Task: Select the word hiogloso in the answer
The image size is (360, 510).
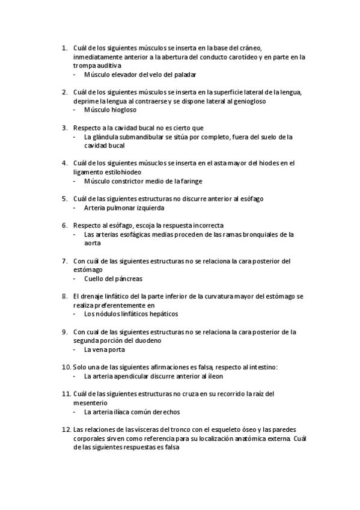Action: click(123, 110)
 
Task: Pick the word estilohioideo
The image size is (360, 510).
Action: click(109, 171)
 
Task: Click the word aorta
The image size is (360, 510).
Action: click(92, 243)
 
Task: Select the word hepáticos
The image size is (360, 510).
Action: click(161, 313)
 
